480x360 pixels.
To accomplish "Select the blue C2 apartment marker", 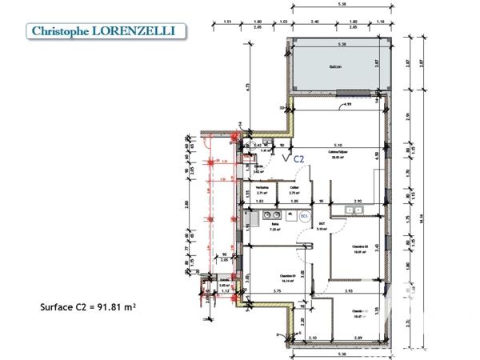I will [298, 158].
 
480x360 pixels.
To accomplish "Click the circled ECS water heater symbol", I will [304, 216].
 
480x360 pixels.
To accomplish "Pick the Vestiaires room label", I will [262, 190].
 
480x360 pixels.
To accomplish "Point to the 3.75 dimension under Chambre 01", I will [276, 291].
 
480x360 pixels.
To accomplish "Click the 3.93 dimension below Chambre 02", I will [347, 291].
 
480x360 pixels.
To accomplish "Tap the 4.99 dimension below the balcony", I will [347, 105].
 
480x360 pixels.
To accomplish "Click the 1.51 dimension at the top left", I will [227, 22].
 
